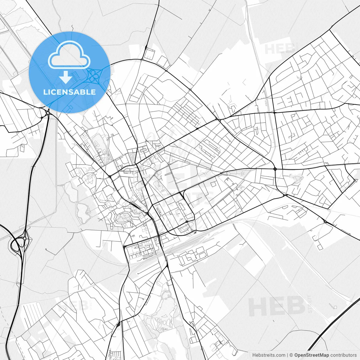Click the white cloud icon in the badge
[69, 55]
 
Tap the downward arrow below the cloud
[66, 77]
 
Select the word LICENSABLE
[69, 92]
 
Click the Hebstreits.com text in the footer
[269, 355]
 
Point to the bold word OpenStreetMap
[311, 355]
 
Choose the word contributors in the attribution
[343, 355]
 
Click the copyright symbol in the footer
[291, 355]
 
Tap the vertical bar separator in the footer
[287, 355]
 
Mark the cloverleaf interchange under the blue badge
[93, 76]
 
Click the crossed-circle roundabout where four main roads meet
[275, 169]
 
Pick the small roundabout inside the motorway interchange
[25, 238]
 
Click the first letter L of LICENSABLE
[45, 92]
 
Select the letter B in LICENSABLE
[84, 92]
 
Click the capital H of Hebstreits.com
[254, 355]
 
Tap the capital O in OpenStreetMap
[296, 355]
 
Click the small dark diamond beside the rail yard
[195, 233]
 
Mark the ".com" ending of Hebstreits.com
[280, 355]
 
